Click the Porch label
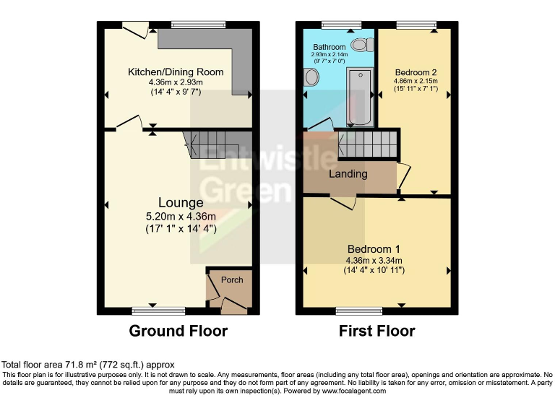232,280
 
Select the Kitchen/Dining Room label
176,72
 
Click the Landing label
348,174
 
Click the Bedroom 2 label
416,72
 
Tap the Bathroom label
329,46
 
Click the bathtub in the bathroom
359,96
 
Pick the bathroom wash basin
312,77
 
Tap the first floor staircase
367,144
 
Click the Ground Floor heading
178,331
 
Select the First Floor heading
377,331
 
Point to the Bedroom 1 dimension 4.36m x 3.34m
374,261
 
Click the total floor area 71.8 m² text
87,365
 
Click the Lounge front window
158,311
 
